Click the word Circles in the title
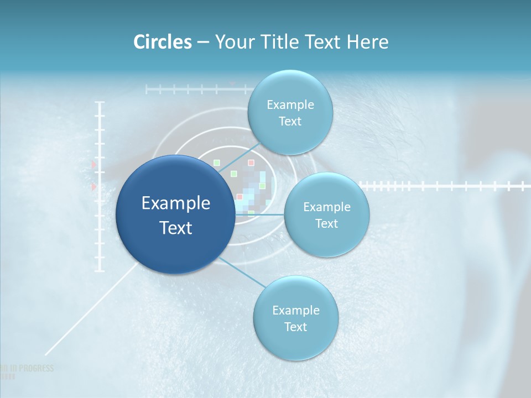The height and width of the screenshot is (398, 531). click(163, 42)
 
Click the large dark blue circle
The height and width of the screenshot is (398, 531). click(175, 214)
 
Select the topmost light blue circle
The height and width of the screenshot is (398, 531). click(290, 112)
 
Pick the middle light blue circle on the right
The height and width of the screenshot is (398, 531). click(327, 214)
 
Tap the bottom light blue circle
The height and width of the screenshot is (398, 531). click(295, 318)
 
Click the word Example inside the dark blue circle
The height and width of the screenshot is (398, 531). click(175, 203)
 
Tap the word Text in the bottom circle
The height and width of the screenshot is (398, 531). click(295, 327)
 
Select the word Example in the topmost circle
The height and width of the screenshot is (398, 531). click(290, 104)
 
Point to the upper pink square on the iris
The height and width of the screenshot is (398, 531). click(251, 163)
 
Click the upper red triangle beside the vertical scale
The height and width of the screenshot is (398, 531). click(93, 165)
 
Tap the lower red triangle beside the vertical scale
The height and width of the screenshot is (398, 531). click(93, 188)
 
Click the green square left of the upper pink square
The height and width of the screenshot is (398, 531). click(217, 163)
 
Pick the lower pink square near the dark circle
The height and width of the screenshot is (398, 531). click(240, 197)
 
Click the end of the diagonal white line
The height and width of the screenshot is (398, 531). click(45, 354)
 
